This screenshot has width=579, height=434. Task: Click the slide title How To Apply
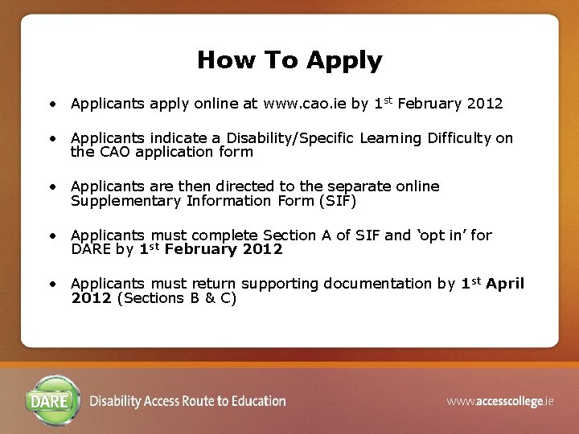[x=289, y=60]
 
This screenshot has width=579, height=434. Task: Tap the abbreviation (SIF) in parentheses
[x=338, y=201]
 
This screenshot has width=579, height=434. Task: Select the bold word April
[x=504, y=284]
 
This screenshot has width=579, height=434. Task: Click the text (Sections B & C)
[x=177, y=298]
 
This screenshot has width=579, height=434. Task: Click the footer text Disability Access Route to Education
[x=187, y=401]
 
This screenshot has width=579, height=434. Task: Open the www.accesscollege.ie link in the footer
[x=500, y=401]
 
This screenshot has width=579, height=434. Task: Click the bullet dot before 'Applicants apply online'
[x=51, y=104]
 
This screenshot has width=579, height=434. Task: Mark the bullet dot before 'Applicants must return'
[x=51, y=285]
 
